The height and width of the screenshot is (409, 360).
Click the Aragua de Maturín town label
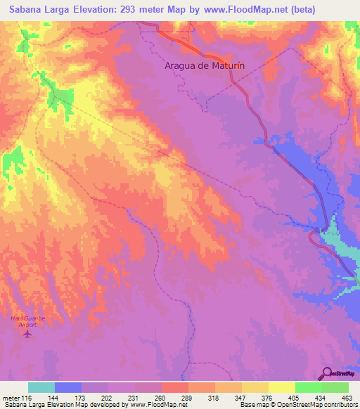(x=205, y=65)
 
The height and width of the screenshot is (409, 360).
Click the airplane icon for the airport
(x=27, y=333)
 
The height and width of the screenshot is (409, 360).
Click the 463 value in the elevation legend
(x=347, y=397)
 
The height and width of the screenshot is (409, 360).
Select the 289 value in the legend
(x=187, y=397)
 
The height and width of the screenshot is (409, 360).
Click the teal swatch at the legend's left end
(x=41, y=387)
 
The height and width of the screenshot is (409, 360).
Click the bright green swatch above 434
(x=308, y=387)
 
